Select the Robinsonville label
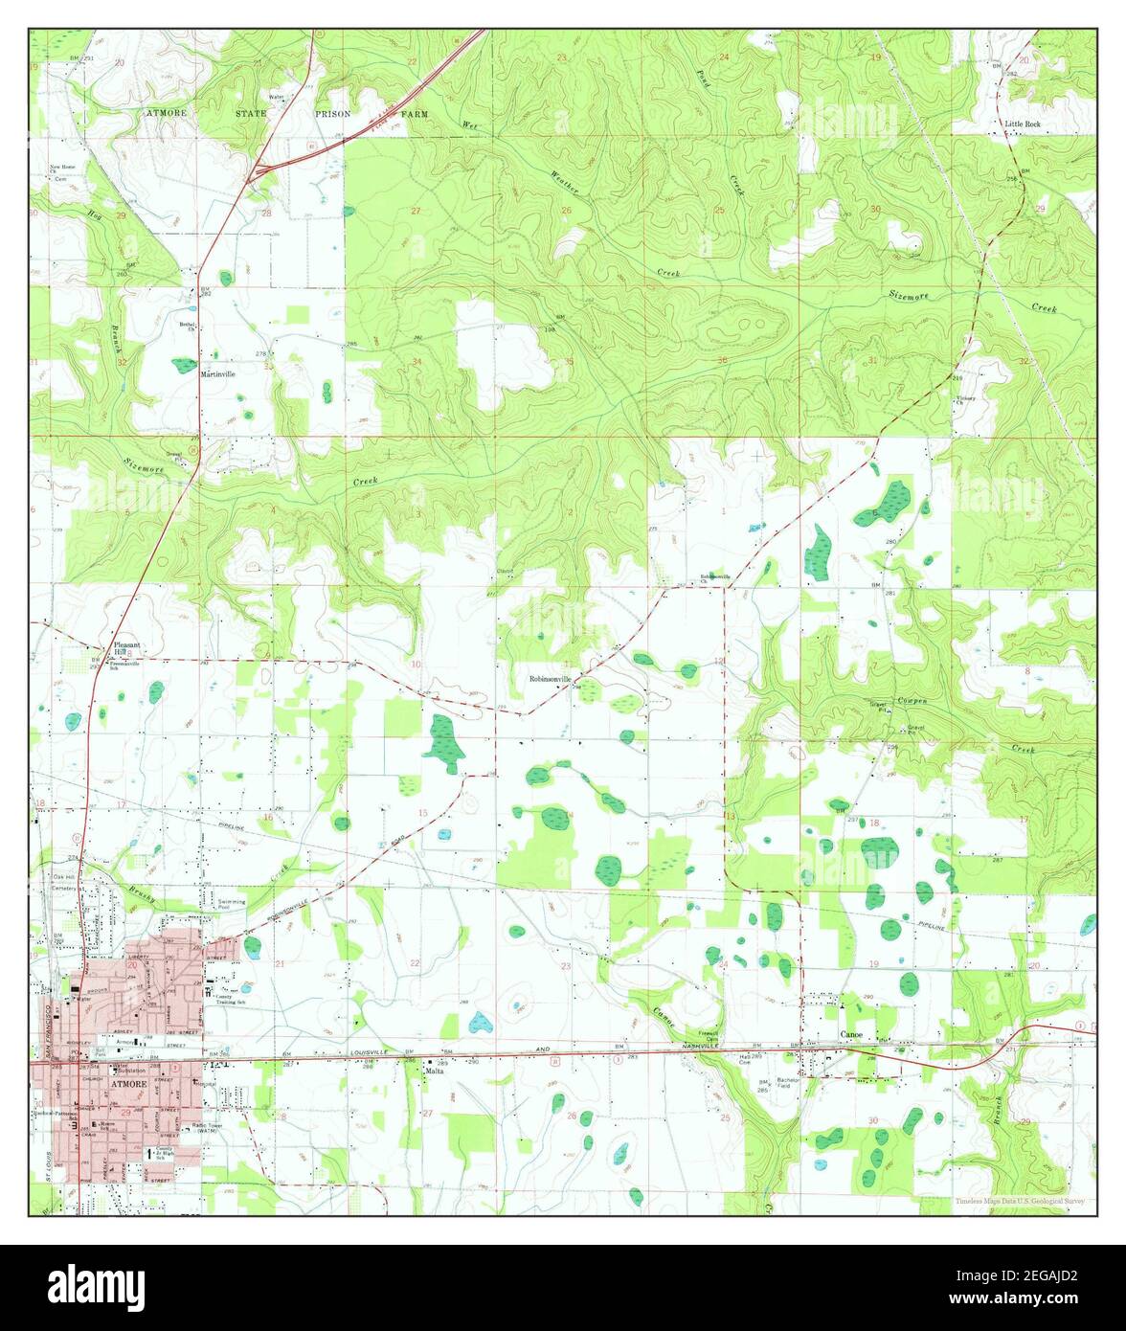[x=551, y=679]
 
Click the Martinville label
[x=217, y=374]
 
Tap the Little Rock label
[x=1022, y=124]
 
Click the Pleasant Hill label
[x=126, y=649]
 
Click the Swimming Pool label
[x=232, y=903]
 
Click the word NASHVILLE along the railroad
[x=689, y=1049]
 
